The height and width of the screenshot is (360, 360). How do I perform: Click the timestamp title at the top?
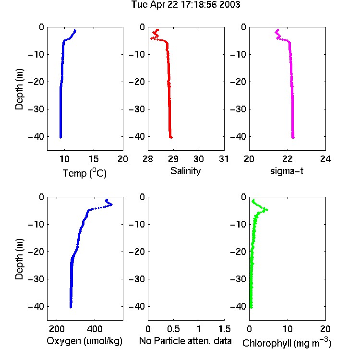pos(186,5)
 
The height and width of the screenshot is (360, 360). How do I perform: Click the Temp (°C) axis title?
pos(84,173)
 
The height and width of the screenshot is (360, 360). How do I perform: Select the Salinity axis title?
pos(185,171)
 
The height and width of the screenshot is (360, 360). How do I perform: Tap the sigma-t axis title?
pos(287,171)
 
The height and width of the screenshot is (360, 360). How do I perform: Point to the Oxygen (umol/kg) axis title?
pos(84,341)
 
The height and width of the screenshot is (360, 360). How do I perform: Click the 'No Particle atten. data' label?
pos(185,341)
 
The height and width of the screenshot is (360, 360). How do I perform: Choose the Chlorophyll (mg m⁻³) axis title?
pos(287,342)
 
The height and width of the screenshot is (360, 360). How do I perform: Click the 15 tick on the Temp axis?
pos(94,159)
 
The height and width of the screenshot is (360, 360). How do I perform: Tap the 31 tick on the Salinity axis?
pos(224,159)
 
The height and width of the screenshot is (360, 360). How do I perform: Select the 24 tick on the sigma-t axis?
pos(325,159)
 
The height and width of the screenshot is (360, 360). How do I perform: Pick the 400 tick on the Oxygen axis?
pos(95,329)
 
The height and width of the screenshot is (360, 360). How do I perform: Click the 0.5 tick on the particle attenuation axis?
pos(173,329)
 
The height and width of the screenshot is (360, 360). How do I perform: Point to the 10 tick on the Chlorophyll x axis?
pos(288,329)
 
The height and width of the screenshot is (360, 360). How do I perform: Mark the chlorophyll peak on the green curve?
pos(267,210)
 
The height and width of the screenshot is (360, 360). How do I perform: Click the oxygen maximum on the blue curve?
pos(111,204)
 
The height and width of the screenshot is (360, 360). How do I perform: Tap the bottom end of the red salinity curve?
pos(171,138)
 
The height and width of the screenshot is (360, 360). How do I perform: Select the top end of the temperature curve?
pos(75,30)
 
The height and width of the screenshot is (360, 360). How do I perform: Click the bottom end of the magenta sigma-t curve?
pos(293,138)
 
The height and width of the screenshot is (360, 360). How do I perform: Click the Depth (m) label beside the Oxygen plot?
pos(19,259)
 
